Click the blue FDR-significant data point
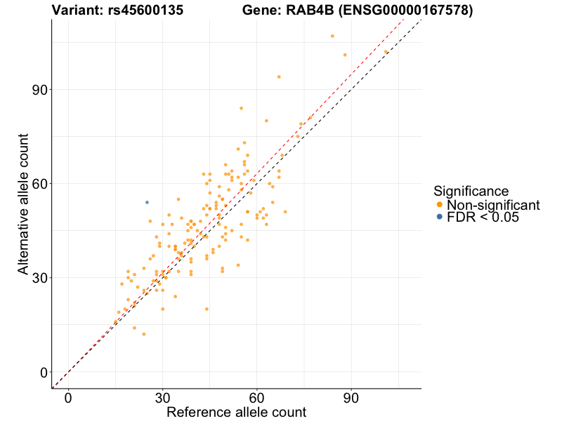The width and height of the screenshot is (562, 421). pos(147,202)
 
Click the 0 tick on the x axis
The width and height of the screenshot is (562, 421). pos(68,398)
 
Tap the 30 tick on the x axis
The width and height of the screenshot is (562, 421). pos(163,398)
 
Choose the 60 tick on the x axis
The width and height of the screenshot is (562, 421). pos(257,398)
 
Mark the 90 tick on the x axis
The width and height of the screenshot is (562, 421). pos(351,398)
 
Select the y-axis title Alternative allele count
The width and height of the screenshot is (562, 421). pos(23,203)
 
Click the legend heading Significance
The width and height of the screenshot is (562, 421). pos(471,191)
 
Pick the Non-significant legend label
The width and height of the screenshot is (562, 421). pos(493,205)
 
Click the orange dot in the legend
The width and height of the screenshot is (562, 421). pos(440,205)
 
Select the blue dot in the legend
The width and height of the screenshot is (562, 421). pos(440,218)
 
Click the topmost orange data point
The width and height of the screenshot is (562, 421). pos(332,36)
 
